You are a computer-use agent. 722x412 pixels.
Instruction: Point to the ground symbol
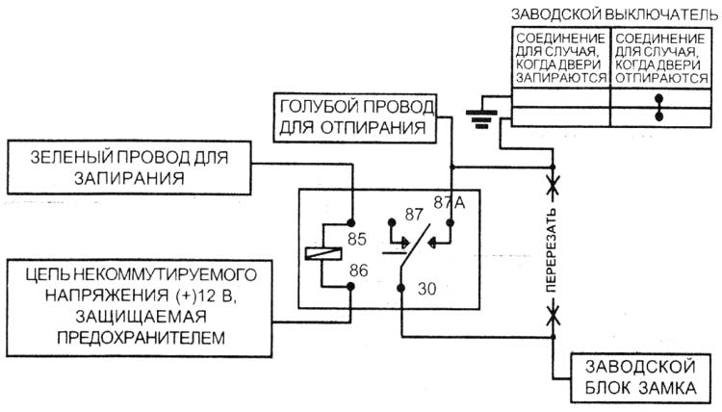click(481, 118)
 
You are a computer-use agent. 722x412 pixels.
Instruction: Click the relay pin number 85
click(357, 239)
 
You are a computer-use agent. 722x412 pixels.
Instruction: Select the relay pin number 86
click(358, 270)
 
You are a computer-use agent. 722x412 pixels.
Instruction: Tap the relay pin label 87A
click(450, 202)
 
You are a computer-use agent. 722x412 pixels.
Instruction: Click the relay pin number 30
click(426, 289)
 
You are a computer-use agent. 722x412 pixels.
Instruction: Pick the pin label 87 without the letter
click(414, 215)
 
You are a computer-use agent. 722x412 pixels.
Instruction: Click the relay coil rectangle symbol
click(323, 253)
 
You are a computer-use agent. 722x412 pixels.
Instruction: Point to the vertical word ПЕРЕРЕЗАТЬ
click(552, 250)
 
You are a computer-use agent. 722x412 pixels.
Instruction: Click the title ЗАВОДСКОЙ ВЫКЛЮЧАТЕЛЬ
click(615, 15)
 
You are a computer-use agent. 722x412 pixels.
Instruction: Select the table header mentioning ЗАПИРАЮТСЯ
click(561, 58)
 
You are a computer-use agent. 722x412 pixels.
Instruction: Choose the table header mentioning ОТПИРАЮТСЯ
click(660, 58)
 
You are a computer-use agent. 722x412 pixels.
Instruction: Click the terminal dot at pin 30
click(401, 288)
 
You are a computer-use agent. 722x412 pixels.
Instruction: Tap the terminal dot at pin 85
click(350, 223)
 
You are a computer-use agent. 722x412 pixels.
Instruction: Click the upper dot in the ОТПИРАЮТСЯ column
click(658, 98)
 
